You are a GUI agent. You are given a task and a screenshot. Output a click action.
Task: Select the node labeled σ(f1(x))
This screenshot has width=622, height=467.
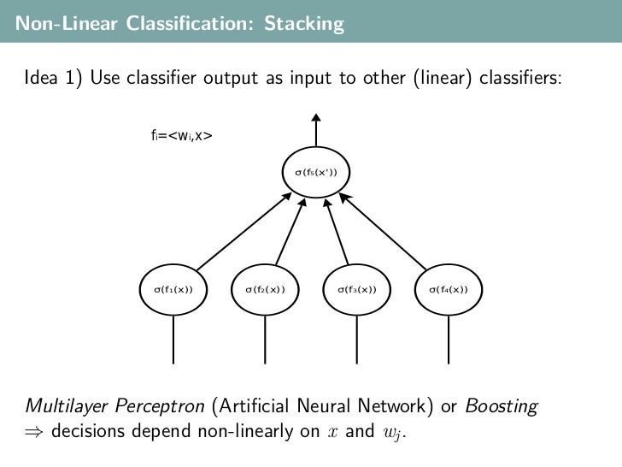173,289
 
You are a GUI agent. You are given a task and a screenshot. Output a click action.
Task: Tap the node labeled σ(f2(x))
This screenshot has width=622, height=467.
265,289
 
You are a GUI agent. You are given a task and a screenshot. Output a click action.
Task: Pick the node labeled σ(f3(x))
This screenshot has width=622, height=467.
356,289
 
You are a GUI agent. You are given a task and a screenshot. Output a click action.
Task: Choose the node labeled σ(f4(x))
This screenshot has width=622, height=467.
448,289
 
